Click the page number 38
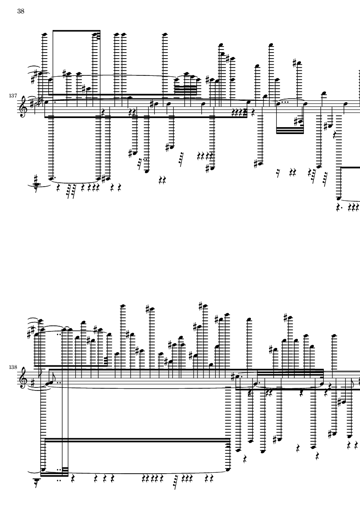[21, 11]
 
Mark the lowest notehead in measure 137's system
[338, 199]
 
